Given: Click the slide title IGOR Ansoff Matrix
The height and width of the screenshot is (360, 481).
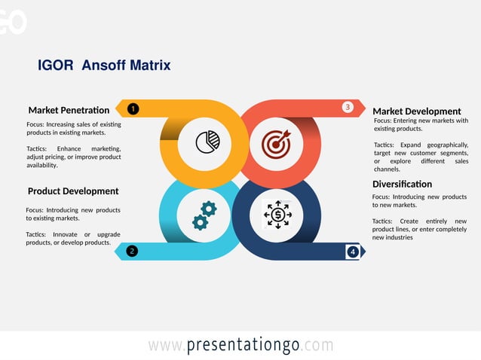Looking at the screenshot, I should pos(104,66).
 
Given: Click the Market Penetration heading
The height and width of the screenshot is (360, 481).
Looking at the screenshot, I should pos(69,110).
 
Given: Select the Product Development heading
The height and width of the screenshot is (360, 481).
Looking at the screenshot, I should pos(73,191).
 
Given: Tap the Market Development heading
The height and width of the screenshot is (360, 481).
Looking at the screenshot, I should pos(416,111).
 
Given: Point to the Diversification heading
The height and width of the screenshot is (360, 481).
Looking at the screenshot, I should pos(402,184).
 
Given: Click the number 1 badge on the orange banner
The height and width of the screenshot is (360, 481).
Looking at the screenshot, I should pos(133,108).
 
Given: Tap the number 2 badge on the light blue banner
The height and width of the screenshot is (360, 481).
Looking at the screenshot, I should pos(132,251).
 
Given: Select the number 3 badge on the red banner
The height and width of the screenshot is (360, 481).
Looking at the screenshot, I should pos(348,107).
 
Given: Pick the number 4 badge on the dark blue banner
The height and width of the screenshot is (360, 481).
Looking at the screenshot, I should pos(352,252).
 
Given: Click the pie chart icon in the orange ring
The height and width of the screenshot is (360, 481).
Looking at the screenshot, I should pos(207,142).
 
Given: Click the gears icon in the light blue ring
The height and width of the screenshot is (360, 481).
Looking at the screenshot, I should pos(204,215).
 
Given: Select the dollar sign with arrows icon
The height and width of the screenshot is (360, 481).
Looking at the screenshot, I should pos(277,215).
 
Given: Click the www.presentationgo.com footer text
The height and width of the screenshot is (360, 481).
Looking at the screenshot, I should pos(240,345).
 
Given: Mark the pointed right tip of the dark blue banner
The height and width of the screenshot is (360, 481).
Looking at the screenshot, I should pos(363,252).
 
